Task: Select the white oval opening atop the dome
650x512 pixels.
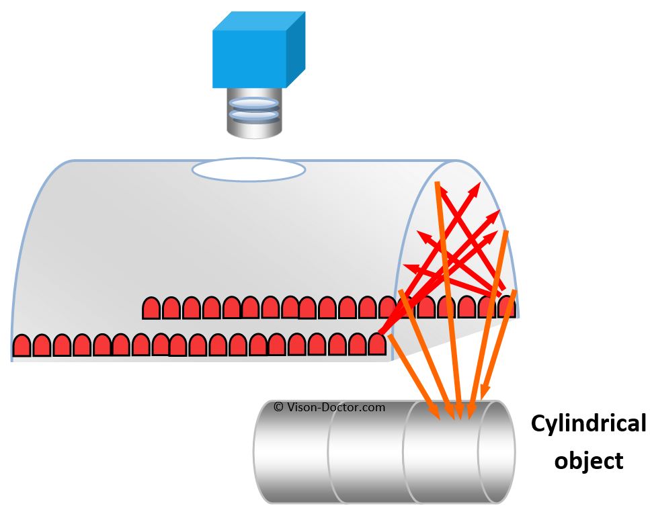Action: [x=248, y=170]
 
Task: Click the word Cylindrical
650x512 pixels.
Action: [x=587, y=424]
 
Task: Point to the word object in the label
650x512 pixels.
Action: [x=588, y=461]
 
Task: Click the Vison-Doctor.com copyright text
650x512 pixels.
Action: [x=329, y=407]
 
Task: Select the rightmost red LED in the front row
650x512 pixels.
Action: [x=378, y=344]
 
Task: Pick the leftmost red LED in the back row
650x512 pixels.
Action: [x=151, y=308]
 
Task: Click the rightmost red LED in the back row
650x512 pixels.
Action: [x=507, y=306]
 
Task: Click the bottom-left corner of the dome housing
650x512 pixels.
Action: [x=13, y=359]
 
